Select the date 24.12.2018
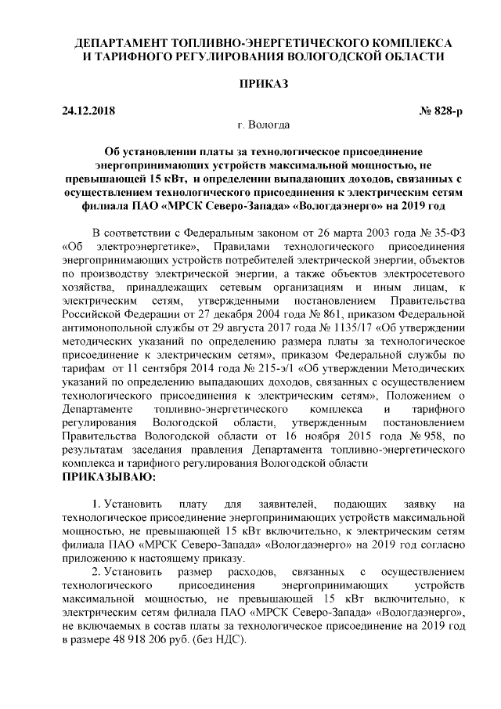88,110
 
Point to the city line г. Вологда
262,125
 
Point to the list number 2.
96,572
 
